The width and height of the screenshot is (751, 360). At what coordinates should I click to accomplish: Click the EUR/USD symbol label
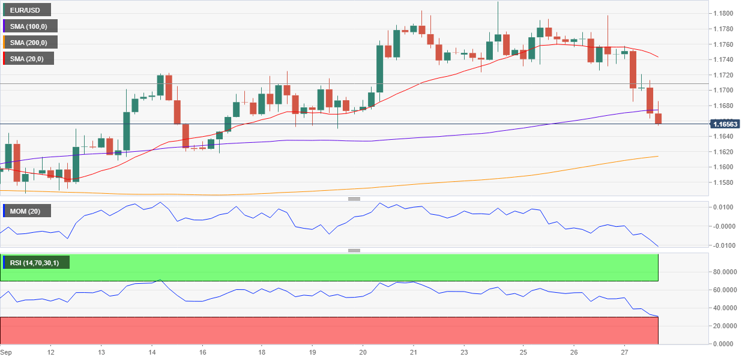26,10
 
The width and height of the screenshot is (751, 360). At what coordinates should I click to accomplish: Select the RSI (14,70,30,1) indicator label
35,263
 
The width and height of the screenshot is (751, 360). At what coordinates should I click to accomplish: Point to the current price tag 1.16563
725,124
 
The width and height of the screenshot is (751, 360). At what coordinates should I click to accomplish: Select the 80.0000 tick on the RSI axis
725,272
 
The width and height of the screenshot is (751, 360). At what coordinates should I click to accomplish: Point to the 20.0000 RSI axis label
725,326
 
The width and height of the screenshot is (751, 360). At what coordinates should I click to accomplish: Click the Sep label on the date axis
6,352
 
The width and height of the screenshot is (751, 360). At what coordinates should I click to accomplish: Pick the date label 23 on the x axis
464,352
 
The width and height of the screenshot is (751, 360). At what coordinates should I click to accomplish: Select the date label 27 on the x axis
625,352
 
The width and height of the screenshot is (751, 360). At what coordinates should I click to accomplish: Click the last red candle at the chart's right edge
659,119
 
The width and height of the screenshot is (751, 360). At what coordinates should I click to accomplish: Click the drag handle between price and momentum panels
354,199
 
